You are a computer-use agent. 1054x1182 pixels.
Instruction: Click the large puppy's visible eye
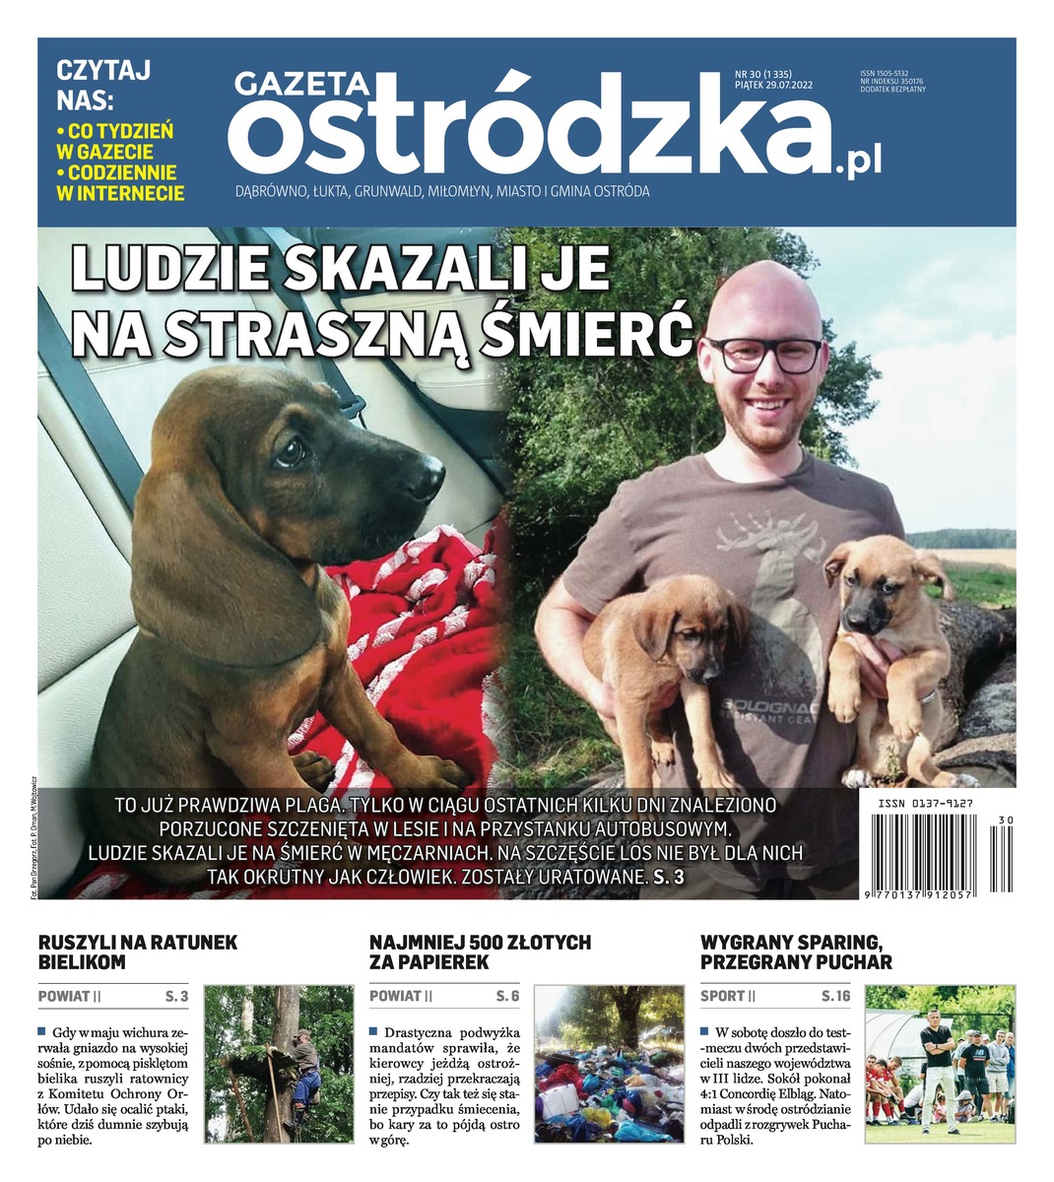click(289, 451)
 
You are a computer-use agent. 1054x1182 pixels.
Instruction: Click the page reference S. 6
click(507, 997)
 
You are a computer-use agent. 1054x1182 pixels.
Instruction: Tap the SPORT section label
click(722, 997)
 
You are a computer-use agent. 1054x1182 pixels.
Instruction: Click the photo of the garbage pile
click(608, 1063)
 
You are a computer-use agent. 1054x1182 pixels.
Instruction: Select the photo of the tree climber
click(277, 1063)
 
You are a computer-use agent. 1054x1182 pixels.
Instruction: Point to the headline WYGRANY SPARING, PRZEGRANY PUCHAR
click(796, 952)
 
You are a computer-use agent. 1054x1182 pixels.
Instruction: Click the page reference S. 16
click(835, 997)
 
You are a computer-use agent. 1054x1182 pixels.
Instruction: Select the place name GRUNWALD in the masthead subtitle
click(388, 192)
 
